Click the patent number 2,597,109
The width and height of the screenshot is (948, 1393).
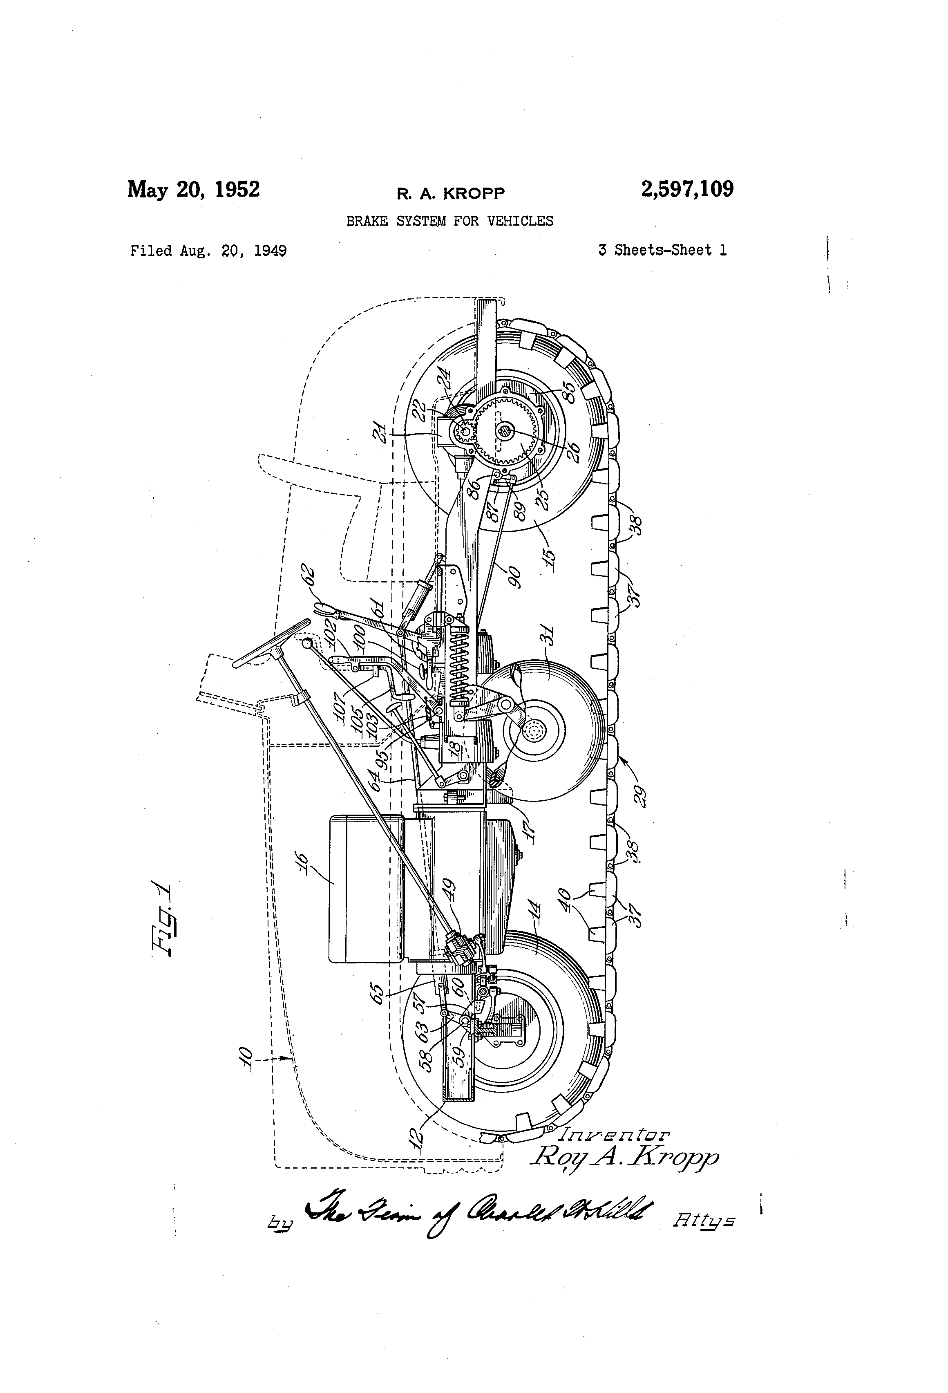tap(687, 189)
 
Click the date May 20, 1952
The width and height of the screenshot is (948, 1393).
tap(194, 189)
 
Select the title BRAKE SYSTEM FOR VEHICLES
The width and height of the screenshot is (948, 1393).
tap(449, 221)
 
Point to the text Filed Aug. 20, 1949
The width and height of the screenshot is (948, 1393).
tap(208, 251)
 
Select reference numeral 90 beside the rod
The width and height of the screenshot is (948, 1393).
tap(514, 577)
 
